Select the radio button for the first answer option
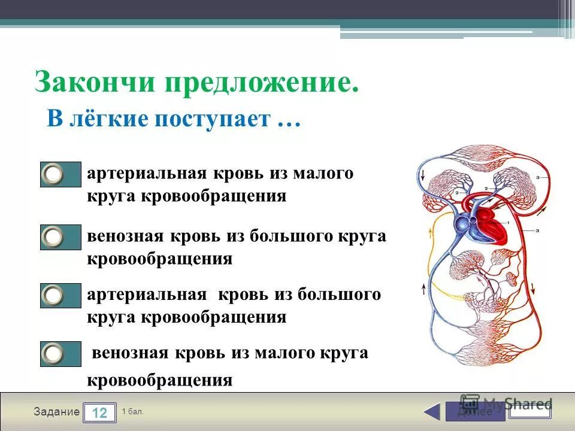click(x=54, y=174)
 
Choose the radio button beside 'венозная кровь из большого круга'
click(x=54, y=237)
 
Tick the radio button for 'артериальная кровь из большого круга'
click(x=54, y=295)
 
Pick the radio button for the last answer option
click(x=54, y=353)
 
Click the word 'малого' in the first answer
click(x=323, y=174)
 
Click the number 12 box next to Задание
click(x=99, y=412)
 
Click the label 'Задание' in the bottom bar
click(x=56, y=412)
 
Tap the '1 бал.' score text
click(x=132, y=411)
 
